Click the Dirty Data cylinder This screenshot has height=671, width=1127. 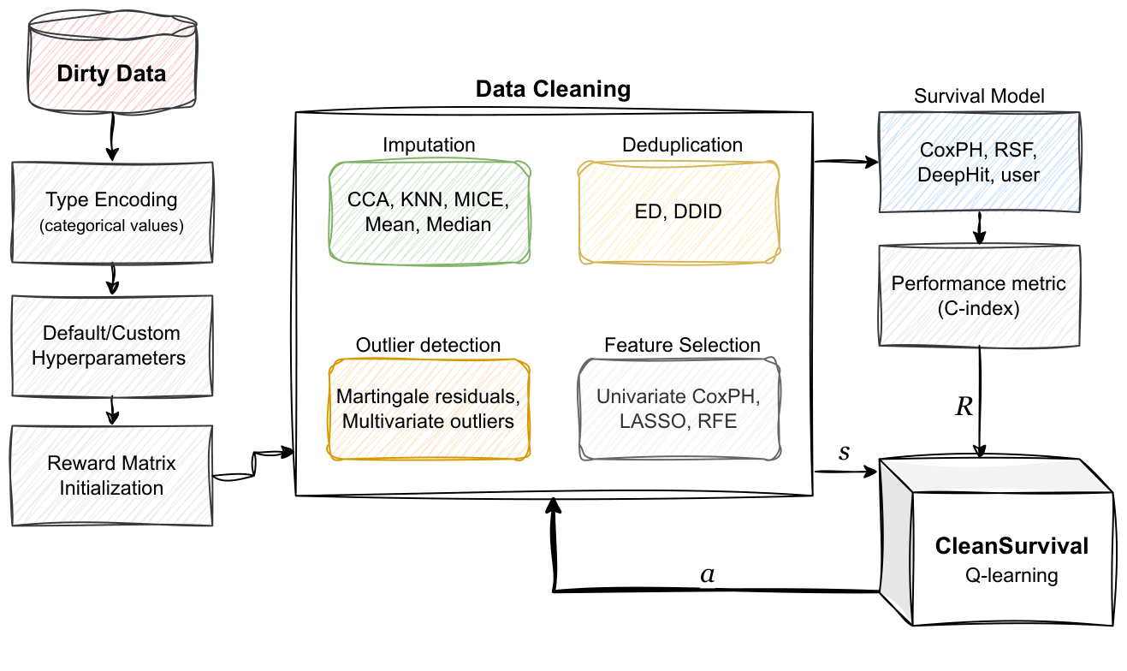111,72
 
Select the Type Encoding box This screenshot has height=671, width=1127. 111,211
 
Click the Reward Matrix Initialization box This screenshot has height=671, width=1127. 111,476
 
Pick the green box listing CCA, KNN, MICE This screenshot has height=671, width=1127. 430,212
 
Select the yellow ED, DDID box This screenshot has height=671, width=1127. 679,211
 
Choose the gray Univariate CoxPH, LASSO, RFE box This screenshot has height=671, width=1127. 679,409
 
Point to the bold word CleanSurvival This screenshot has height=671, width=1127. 1011,546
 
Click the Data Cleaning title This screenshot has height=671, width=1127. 553,89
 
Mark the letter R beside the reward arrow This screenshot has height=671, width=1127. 964,407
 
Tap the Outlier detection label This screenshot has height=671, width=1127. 428,345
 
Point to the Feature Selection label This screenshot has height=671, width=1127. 682,345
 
